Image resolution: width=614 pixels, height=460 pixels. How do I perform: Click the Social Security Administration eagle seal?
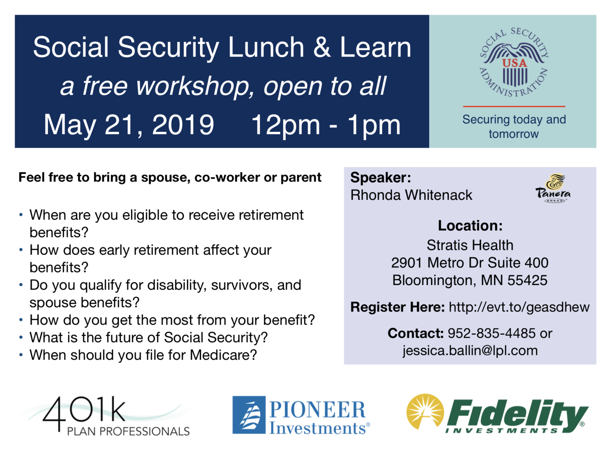point(514,63)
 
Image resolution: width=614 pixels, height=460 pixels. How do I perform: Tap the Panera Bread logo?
point(553,189)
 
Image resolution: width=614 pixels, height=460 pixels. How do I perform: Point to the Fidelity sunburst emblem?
point(425,412)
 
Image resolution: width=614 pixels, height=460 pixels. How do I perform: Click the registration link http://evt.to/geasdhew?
point(519,307)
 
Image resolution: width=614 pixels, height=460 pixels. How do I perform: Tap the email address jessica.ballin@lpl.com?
point(470,351)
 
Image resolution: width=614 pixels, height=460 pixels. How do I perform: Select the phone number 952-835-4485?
point(491,333)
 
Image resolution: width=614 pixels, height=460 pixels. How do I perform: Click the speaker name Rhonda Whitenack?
point(411,195)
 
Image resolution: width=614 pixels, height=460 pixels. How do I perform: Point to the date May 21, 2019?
point(129,125)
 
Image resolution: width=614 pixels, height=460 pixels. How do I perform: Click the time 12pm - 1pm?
point(326,125)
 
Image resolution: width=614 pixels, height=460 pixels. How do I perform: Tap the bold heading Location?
point(470,226)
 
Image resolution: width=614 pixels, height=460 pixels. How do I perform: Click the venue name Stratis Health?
point(470,245)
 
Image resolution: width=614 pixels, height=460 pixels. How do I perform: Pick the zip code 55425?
point(527,280)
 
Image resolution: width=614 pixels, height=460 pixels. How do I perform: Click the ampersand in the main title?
point(322,47)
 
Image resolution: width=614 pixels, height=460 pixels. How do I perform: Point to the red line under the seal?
point(514,106)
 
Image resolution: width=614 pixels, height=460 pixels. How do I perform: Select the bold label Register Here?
point(398,307)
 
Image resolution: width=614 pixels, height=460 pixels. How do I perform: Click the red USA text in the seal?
point(514,63)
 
